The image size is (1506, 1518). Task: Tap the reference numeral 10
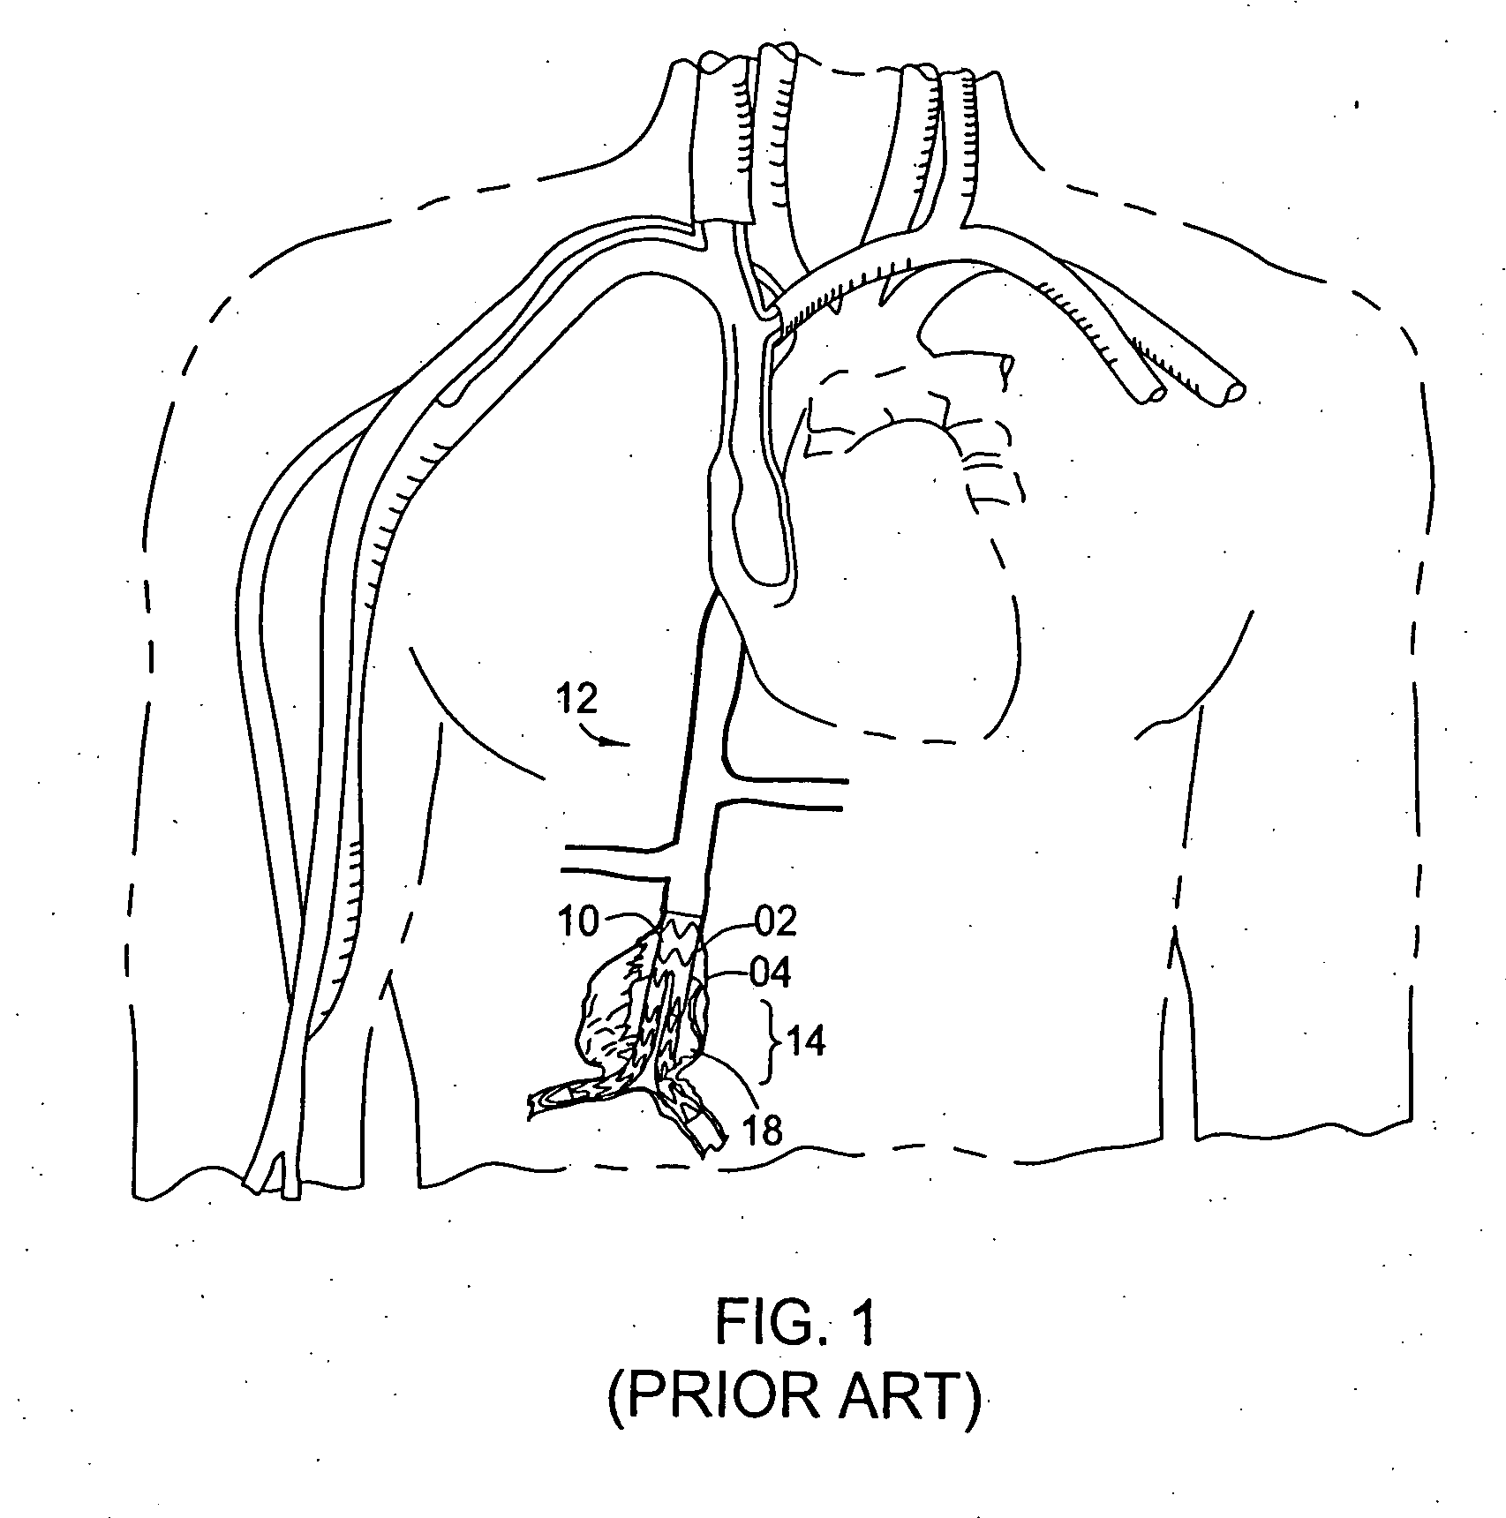579,922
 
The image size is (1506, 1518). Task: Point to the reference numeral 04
769,973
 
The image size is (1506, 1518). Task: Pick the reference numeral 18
763,1131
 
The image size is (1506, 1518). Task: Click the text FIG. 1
794,1347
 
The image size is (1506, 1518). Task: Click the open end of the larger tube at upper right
1232,392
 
